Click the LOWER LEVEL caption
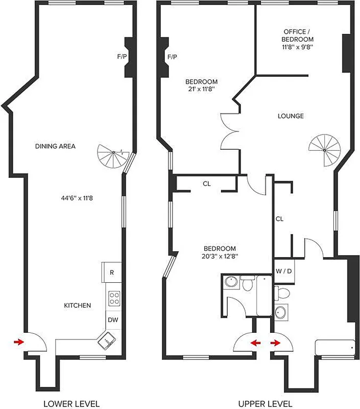pyautogui.click(x=71, y=403)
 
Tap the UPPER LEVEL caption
pyautogui.click(x=268, y=403)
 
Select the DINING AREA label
pyautogui.click(x=55, y=146)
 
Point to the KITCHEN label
pyautogui.click(x=77, y=305)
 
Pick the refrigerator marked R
pyautogui.click(x=111, y=272)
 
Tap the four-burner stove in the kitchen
pyautogui.click(x=113, y=297)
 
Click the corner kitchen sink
pyautogui.click(x=108, y=338)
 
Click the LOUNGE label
pyautogui.click(x=291, y=116)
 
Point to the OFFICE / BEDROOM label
pyautogui.click(x=298, y=39)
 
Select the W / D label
pyautogui.click(x=283, y=271)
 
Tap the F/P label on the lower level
pyautogui.click(x=122, y=57)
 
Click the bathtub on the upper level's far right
pyautogui.click(x=335, y=348)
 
